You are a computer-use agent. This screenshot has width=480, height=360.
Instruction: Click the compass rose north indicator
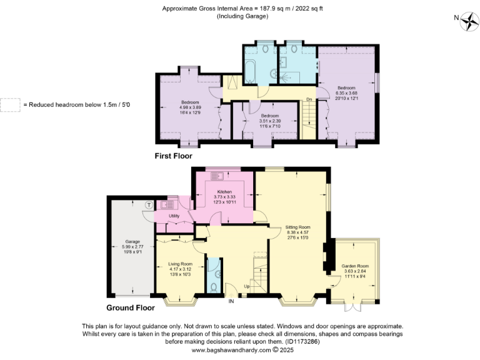(x=467, y=22)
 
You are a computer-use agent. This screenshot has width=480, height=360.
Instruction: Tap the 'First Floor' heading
(x=173, y=156)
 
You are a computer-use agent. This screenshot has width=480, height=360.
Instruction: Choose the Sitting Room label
(x=297, y=228)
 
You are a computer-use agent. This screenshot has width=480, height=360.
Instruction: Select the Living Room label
(x=180, y=269)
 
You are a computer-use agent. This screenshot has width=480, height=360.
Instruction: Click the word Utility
(x=174, y=216)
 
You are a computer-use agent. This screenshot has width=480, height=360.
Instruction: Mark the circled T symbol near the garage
(x=148, y=204)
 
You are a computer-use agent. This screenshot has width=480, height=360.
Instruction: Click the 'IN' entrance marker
(x=231, y=302)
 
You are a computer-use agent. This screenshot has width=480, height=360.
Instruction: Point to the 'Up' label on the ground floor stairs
(x=247, y=287)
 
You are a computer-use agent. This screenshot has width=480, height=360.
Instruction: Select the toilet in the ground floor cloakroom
(x=213, y=287)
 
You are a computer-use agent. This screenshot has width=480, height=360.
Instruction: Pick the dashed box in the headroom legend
(x=9, y=104)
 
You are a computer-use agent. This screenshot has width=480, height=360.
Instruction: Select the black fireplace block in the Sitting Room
(x=325, y=256)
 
